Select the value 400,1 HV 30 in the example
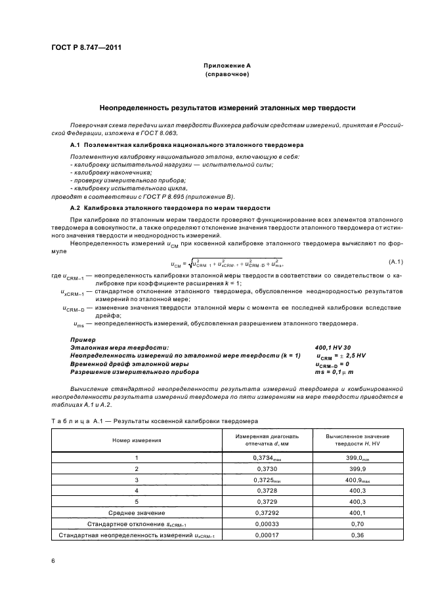pyautogui.click(x=333, y=347)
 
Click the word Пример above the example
pyautogui.click(x=82, y=339)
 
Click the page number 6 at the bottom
pyautogui.click(x=53, y=561)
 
